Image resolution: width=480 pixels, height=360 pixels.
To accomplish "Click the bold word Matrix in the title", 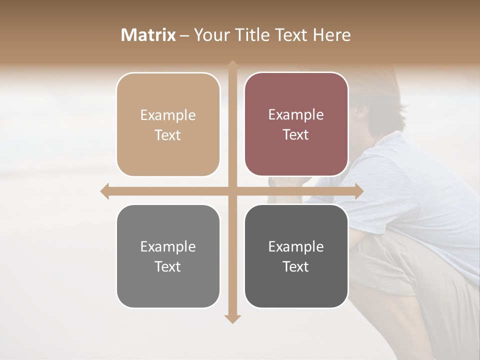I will [x=148, y=35].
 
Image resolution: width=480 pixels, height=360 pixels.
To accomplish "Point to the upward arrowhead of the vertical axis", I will [x=232, y=64].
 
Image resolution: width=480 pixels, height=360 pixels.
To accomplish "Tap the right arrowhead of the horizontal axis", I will [x=359, y=191].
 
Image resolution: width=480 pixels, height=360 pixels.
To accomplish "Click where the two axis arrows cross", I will [x=232, y=191].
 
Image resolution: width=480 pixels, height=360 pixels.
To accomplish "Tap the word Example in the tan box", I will [x=168, y=115].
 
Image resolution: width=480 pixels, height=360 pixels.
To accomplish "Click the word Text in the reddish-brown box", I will [x=296, y=135].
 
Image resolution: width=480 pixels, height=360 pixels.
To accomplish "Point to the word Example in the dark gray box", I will [x=296, y=246].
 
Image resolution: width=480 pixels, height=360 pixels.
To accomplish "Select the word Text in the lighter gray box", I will [x=168, y=266].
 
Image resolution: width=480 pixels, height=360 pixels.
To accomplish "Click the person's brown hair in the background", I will [x=380, y=95].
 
